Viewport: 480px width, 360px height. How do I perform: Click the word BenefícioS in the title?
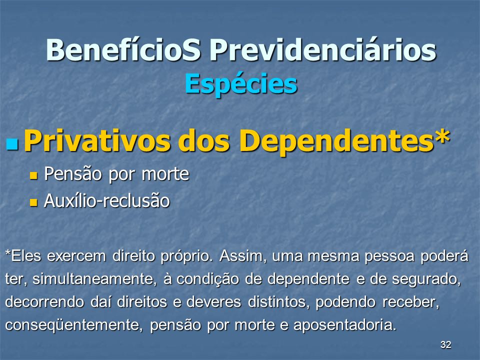123,50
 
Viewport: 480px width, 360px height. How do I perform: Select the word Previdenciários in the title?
322,50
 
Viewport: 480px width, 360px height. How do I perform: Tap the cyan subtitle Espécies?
241,84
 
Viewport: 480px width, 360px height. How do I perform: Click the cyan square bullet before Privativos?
12,143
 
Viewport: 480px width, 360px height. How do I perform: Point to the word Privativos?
96,140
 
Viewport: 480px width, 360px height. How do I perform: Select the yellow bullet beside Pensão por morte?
33,175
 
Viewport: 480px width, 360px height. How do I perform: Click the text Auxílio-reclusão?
107,201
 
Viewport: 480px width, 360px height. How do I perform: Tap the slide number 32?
445,344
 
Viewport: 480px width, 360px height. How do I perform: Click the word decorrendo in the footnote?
44,302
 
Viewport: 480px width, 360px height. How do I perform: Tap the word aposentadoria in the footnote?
344,325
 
